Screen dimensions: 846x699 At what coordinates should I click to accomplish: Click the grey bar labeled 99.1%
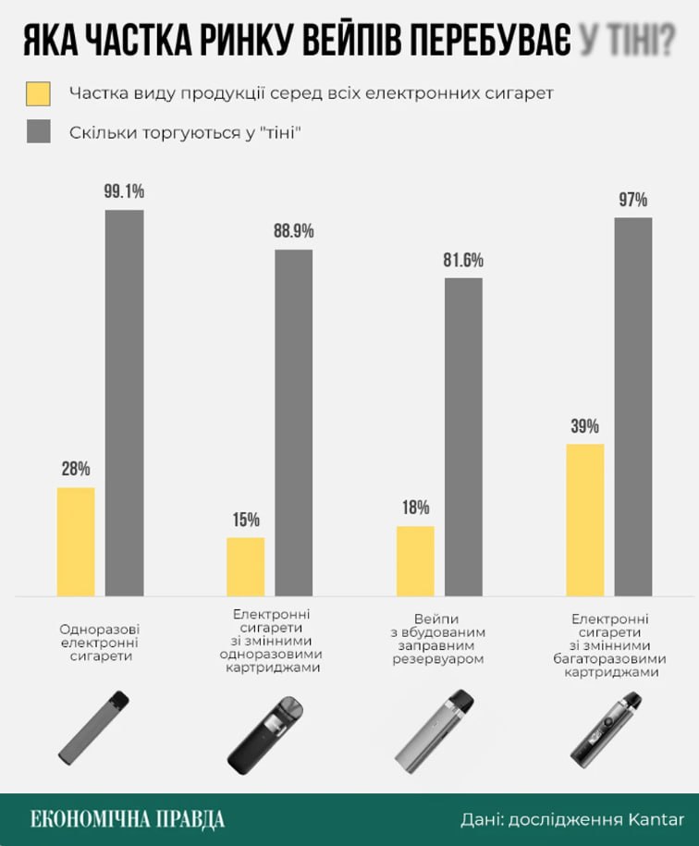pyautogui.click(x=124, y=402)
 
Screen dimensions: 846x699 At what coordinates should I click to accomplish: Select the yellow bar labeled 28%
pyautogui.click(x=76, y=541)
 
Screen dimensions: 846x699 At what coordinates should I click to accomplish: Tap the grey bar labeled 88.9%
pyautogui.click(x=294, y=423)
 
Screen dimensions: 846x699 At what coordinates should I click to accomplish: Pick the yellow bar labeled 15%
pyautogui.click(x=246, y=566)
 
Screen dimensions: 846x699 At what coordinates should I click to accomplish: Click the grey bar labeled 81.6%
pyautogui.click(x=463, y=436)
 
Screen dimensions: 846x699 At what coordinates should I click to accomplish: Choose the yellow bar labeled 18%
pyautogui.click(x=415, y=560)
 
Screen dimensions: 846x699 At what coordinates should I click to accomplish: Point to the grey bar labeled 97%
pyautogui.click(x=633, y=406)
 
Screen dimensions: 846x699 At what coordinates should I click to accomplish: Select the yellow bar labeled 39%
pyautogui.click(x=585, y=520)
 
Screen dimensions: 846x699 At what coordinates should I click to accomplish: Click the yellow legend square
pyautogui.click(x=39, y=93)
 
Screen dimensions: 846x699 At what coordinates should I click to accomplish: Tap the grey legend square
pyautogui.click(x=39, y=131)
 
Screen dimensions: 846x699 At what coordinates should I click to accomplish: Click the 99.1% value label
pyautogui.click(x=124, y=192)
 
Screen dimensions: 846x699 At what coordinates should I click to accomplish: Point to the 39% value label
pyautogui.click(x=584, y=426)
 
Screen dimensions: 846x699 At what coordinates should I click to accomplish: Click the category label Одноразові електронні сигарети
pyautogui.click(x=100, y=642)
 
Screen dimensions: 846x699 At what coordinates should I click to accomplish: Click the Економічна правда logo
pyautogui.click(x=127, y=819)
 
